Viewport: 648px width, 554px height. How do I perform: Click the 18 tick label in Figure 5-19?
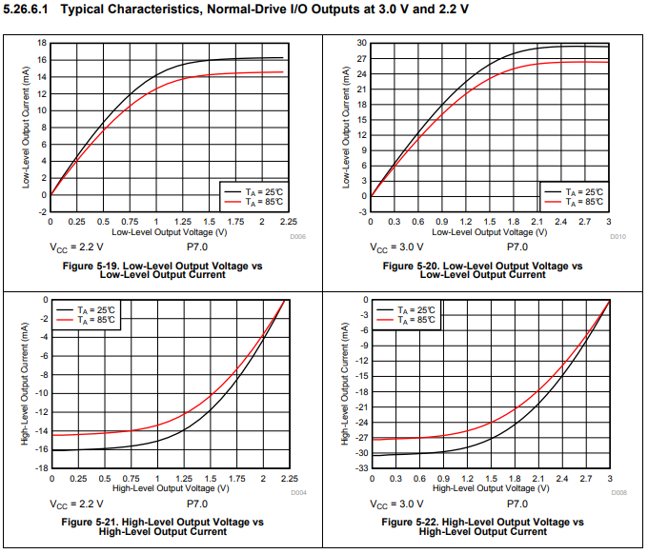click(42, 43)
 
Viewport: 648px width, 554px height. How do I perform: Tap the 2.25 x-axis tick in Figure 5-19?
click(284, 221)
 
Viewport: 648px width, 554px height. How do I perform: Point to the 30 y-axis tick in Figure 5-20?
click(362, 43)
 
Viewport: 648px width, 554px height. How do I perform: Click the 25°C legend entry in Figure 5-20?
click(583, 191)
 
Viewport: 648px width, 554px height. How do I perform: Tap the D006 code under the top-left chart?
click(297, 236)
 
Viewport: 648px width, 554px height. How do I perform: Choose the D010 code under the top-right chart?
click(618, 236)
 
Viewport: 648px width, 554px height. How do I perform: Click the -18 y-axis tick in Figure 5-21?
click(40, 468)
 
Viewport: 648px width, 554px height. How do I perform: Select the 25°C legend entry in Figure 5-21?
click(101, 309)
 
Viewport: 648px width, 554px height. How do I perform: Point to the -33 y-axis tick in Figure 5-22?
click(360, 468)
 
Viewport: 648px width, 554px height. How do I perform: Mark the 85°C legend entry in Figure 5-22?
click(419, 320)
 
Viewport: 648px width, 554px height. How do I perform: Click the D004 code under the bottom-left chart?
click(297, 493)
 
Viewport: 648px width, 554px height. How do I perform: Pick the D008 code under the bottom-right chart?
click(618, 493)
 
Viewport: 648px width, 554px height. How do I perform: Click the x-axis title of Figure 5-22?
click(489, 488)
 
